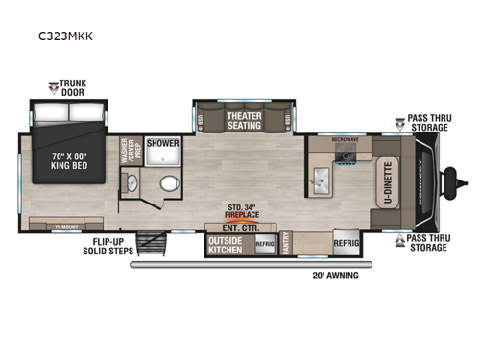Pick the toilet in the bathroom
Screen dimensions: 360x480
click(x=170, y=182)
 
